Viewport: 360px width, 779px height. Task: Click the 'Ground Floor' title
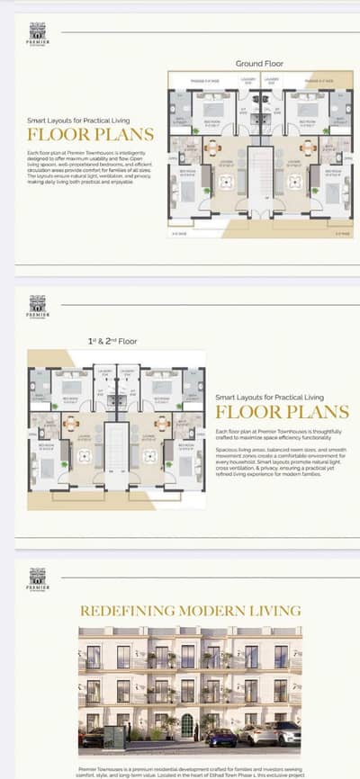click(259, 63)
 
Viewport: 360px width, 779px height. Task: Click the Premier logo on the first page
click(38, 34)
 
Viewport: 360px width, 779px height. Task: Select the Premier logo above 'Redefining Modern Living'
click(38, 578)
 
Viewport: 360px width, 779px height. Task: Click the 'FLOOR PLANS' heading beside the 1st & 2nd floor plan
click(282, 413)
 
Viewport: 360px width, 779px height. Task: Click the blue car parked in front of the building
click(220, 737)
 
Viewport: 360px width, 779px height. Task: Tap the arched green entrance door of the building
click(186, 725)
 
